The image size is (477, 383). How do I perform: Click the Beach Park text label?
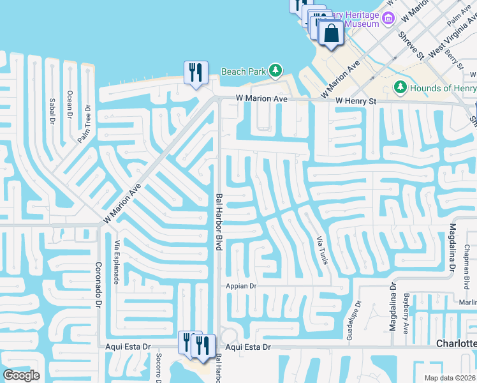pos(244,71)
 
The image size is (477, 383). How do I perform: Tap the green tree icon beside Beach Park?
pos(275,70)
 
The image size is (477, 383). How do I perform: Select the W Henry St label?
pos(355,101)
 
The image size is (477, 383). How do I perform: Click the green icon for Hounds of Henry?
pos(400,86)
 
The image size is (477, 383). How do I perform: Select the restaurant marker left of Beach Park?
pos(196,71)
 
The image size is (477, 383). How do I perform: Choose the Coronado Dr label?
pos(98,285)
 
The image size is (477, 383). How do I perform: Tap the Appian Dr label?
pos(240,287)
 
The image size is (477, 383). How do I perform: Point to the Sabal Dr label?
pos(53,112)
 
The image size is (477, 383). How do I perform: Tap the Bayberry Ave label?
pos(406,313)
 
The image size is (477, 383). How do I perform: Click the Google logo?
pos(21,375)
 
